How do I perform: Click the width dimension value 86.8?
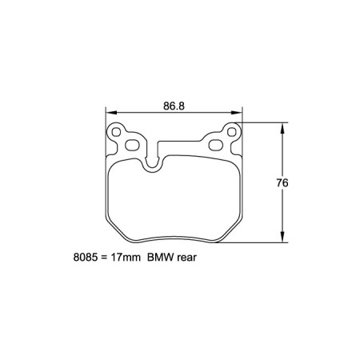(175, 105)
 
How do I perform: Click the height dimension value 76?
(282, 182)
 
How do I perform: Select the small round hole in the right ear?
(233, 130)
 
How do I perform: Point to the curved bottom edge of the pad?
(174, 242)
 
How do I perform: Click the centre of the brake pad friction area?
(174, 200)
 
